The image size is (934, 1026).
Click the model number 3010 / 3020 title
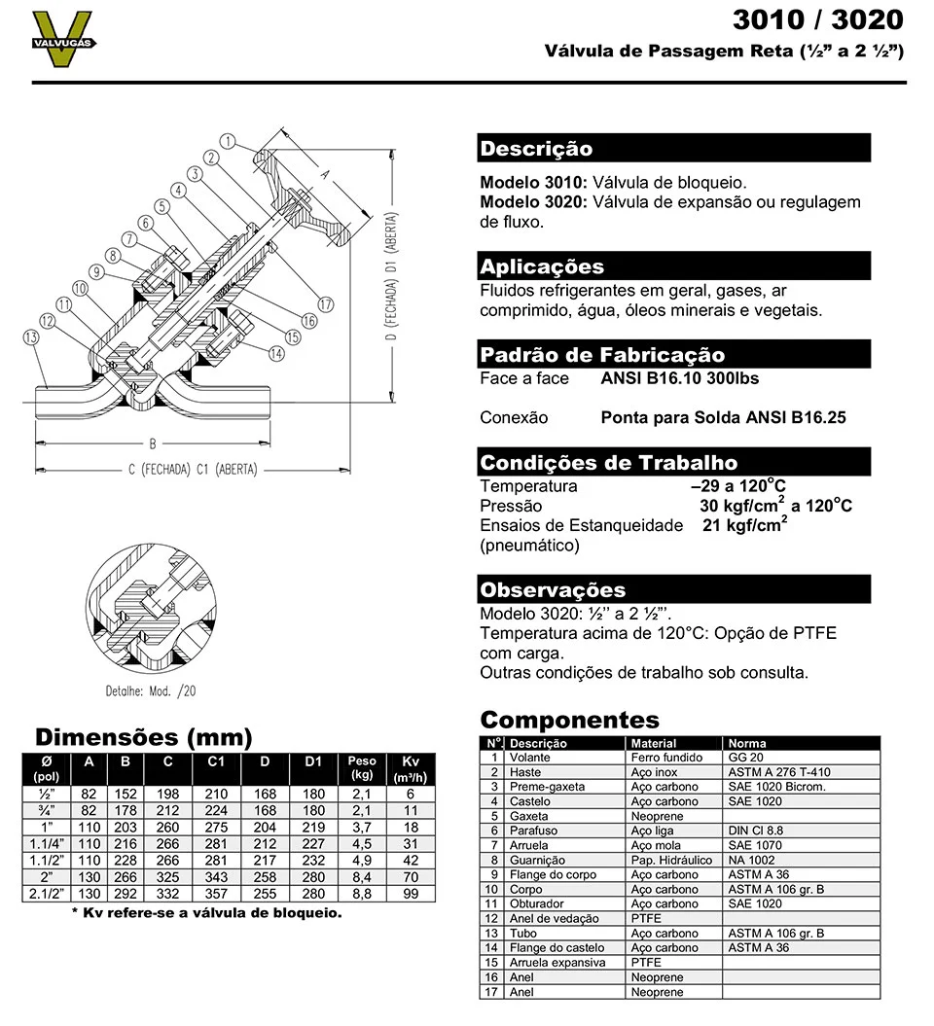coord(817,19)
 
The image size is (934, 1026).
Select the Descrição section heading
coord(536,149)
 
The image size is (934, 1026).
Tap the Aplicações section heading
coord(542,266)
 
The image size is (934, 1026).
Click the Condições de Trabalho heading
coord(609,463)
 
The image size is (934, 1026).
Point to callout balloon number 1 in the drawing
coord(227,141)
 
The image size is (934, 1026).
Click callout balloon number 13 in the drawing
coord(31,337)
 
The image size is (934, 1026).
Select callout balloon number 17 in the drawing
coord(325,304)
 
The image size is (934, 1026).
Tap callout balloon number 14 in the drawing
coord(277,354)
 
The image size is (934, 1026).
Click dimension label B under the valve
coord(152,444)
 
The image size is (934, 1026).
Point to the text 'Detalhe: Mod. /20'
coord(151,691)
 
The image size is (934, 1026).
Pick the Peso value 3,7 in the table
coord(362,827)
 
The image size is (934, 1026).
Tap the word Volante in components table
coord(529,758)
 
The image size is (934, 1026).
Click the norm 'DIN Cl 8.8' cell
coord(755,831)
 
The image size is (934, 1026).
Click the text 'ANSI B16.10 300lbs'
coord(680,378)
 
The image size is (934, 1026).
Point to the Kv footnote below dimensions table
coord(206,913)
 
